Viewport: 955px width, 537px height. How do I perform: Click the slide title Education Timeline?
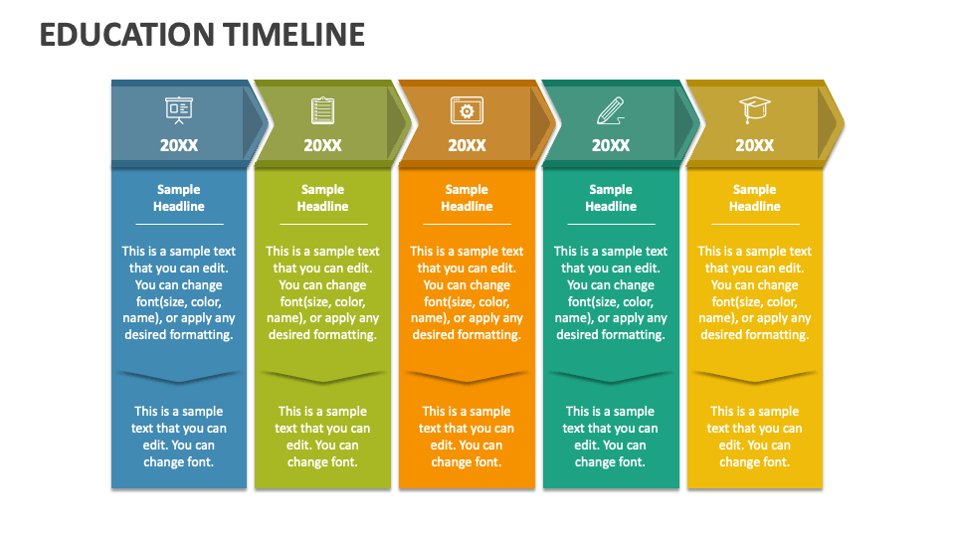[202, 35]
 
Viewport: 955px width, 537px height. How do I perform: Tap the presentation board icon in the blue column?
[179, 110]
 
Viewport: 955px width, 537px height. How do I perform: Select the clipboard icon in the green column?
[322, 110]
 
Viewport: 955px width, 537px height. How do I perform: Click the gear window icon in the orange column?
[467, 110]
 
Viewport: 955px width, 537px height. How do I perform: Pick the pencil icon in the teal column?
[611, 110]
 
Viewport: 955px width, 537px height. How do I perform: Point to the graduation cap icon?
[755, 110]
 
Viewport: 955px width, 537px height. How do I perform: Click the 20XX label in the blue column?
[179, 145]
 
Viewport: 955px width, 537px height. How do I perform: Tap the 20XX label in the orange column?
[467, 145]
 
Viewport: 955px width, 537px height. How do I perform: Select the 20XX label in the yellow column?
[755, 145]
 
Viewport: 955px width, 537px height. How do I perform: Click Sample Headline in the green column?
[322, 198]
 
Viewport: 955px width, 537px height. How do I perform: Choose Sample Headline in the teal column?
[611, 198]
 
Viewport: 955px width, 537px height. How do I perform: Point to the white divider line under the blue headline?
[179, 224]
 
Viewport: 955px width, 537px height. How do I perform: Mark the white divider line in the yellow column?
[755, 224]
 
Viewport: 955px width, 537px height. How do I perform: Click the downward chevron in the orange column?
[467, 377]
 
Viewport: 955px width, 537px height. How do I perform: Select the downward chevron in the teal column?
[611, 377]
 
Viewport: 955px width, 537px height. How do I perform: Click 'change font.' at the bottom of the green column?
[322, 462]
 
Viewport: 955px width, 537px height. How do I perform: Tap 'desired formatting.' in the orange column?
[467, 335]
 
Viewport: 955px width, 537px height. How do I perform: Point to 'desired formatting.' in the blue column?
[179, 335]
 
